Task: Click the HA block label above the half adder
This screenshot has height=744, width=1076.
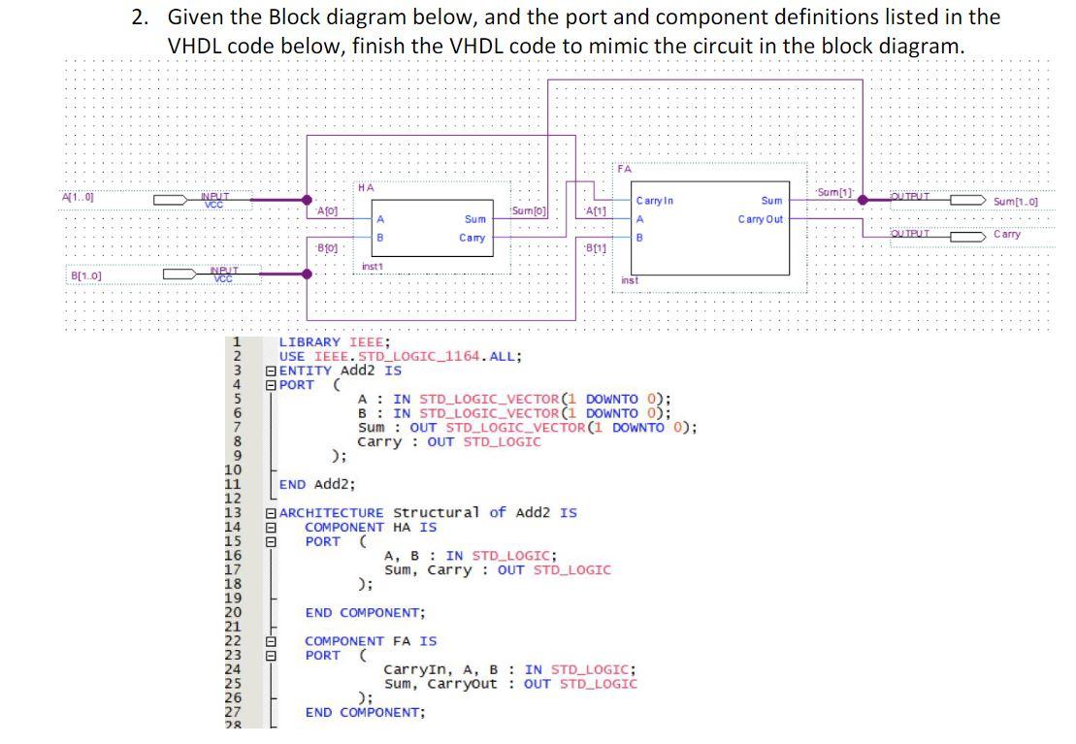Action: (x=364, y=187)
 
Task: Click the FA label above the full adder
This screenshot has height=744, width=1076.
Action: (x=624, y=169)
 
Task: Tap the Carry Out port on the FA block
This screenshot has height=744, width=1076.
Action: (x=760, y=219)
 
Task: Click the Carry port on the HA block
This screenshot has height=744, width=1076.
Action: (x=473, y=238)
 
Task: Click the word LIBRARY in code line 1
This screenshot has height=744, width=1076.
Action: (x=310, y=341)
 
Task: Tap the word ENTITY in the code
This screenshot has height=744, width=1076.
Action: (x=305, y=371)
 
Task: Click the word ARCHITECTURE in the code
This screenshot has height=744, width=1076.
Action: (x=331, y=512)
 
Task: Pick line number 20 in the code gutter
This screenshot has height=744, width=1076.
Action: (x=233, y=612)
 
